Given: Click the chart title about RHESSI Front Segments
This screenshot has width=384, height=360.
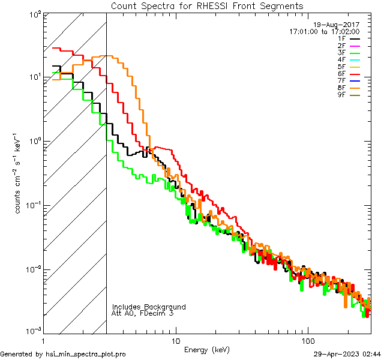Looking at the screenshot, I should pyautogui.click(x=207, y=5).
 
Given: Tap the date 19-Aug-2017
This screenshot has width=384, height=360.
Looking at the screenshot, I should pyautogui.click(x=337, y=25).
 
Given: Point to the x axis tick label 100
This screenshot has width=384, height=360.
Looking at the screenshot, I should pyautogui.click(x=308, y=340).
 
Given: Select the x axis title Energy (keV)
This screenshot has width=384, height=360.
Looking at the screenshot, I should pyautogui.click(x=207, y=349).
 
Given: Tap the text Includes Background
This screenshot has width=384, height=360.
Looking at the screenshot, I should pyautogui.click(x=149, y=307).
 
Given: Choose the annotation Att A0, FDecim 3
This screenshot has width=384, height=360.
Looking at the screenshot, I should pyautogui.click(x=142, y=313).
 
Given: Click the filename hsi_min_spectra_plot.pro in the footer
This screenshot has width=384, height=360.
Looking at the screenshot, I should pyautogui.click(x=85, y=354).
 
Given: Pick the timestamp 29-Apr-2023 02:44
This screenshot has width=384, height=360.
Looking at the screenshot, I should pyautogui.click(x=347, y=354).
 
